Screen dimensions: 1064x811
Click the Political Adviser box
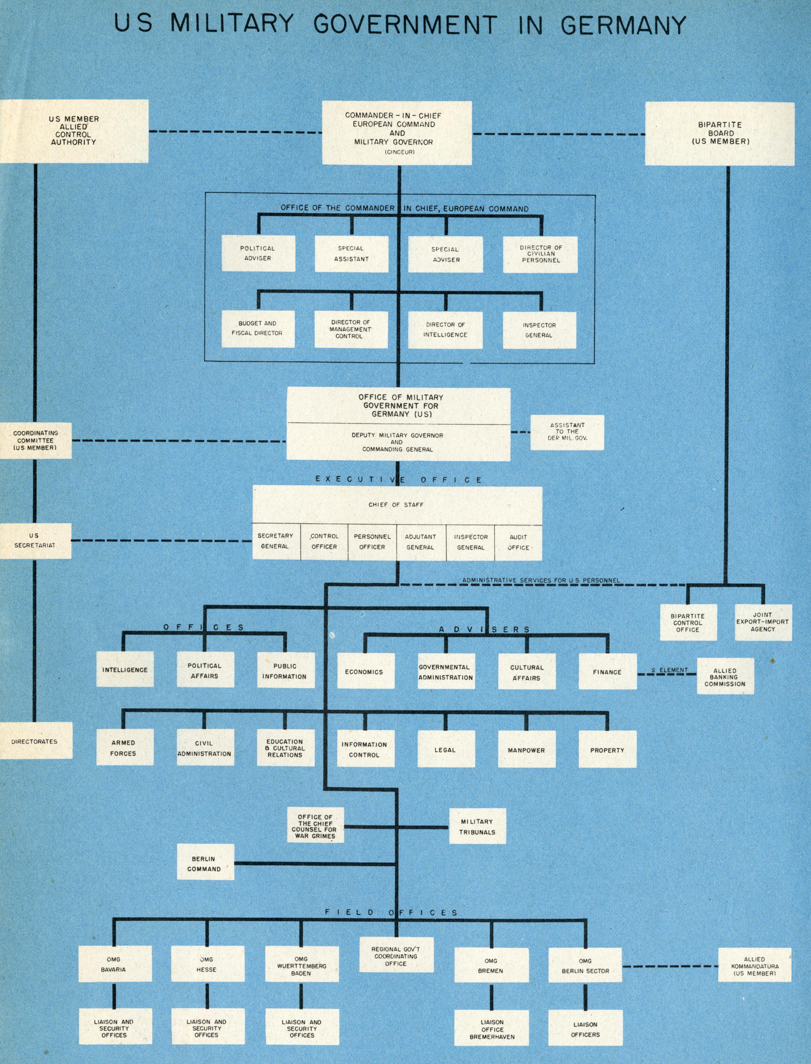click(x=258, y=253)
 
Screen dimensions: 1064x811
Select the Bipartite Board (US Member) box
click(x=720, y=133)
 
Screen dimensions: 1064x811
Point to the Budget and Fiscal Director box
click(x=257, y=329)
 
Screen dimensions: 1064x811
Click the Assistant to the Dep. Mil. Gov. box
click(x=567, y=432)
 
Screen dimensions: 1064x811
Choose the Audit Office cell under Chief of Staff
click(x=518, y=542)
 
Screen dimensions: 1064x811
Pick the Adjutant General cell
click(x=421, y=542)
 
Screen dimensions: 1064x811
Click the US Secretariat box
click(x=35, y=541)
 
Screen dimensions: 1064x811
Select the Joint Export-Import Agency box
click(x=763, y=622)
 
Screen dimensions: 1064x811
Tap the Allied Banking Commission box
click(x=725, y=676)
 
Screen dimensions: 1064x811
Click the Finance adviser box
click(x=607, y=672)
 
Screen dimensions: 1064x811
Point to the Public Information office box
click(x=285, y=671)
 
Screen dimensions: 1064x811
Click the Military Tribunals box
click(x=477, y=827)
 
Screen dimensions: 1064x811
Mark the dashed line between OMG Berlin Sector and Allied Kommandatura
click(x=670, y=966)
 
